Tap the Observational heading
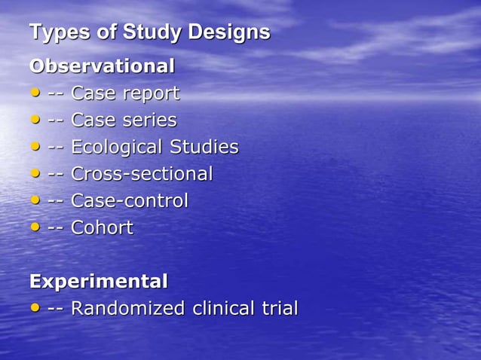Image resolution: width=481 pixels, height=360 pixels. coord(102,66)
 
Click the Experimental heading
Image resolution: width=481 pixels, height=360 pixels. coord(98,282)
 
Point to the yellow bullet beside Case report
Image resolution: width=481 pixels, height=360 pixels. coord(35,93)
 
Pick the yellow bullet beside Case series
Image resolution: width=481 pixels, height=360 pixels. coord(35,120)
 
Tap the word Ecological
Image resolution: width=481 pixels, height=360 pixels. coord(117,148)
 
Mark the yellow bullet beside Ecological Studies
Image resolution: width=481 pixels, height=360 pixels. coord(35,147)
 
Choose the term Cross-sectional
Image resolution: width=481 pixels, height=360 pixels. coord(142,174)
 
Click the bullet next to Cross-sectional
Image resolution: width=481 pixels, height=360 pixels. coord(35,174)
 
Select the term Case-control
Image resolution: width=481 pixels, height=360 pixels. coord(130,201)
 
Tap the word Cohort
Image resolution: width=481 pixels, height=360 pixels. coord(102,228)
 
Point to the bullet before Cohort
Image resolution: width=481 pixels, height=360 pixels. coord(35,227)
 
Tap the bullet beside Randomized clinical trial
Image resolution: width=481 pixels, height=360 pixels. coord(35,308)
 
